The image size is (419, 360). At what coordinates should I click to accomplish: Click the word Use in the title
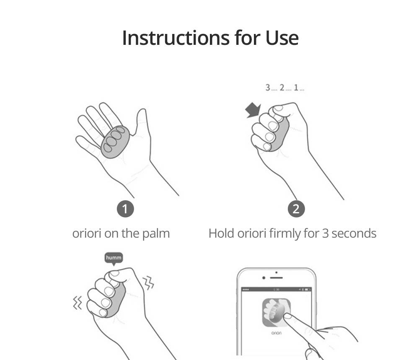click(282, 38)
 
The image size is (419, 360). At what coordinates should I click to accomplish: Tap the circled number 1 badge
click(125, 209)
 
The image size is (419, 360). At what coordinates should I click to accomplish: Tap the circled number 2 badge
click(296, 209)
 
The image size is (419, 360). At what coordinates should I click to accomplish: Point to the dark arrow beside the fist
click(253, 109)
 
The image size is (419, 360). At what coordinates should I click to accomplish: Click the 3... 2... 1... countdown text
click(285, 88)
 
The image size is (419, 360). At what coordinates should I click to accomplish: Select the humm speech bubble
click(114, 258)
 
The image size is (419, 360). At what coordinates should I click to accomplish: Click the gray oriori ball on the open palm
click(115, 142)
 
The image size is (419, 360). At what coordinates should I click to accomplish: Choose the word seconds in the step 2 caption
click(354, 233)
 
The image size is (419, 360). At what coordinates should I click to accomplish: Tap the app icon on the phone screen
click(276, 313)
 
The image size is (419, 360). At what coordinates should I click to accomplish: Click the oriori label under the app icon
click(276, 333)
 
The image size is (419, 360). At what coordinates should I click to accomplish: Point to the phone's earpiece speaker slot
click(276, 278)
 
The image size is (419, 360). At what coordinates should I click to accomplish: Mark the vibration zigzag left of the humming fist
click(78, 303)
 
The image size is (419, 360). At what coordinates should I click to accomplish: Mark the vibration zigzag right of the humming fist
click(149, 283)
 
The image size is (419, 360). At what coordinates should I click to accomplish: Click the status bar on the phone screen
click(276, 290)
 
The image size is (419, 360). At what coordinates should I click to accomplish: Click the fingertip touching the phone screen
click(287, 316)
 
